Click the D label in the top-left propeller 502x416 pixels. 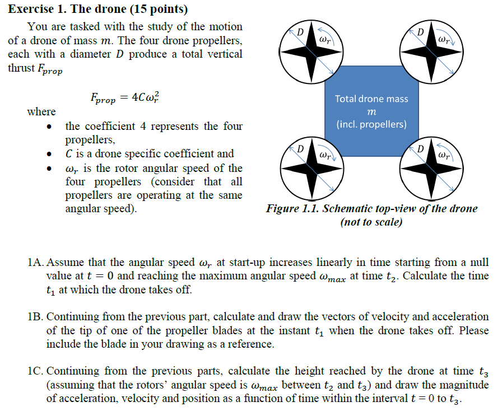300,31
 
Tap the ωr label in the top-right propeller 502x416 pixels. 443,40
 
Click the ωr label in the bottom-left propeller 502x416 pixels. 324,153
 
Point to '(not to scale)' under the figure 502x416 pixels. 371,222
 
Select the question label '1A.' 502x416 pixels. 35,263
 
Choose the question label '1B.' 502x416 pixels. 35,317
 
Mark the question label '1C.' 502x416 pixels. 35,371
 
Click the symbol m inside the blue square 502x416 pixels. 371,113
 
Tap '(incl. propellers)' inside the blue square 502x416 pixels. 371,124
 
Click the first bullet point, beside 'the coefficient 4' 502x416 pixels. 52,127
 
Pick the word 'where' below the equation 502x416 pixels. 41,112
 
